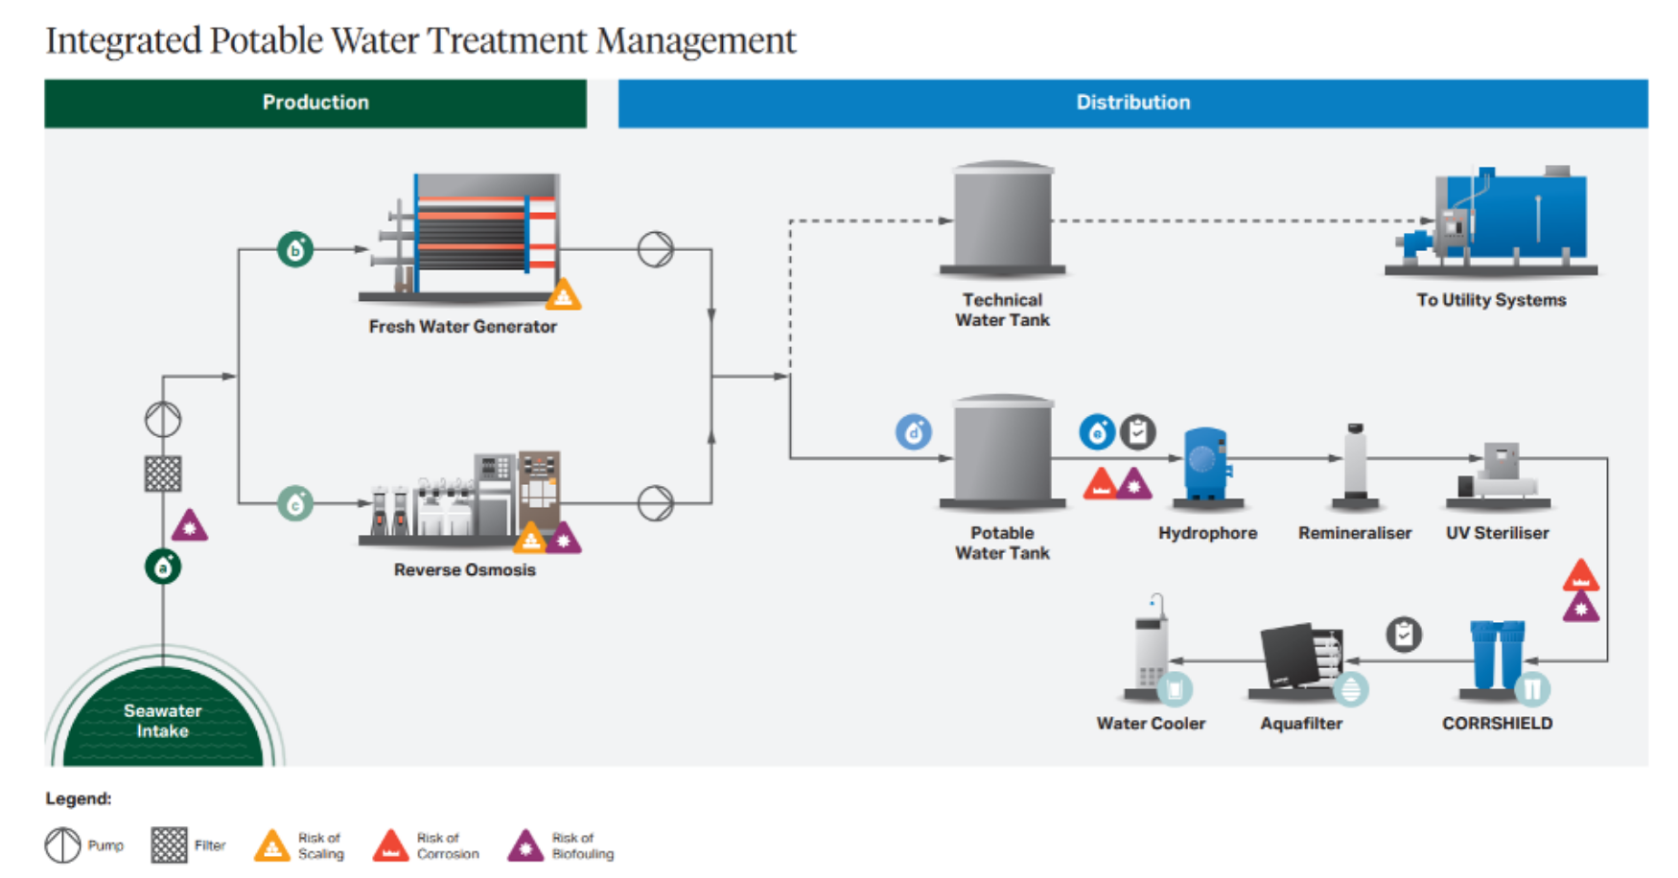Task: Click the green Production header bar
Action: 315,103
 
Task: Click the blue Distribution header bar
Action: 1132,103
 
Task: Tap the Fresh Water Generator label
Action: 462,327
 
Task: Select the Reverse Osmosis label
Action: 464,570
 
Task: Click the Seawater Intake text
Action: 162,721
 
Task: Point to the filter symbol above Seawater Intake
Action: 163,474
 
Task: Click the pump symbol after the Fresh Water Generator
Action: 656,249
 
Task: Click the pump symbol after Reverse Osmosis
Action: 656,502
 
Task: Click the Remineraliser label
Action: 1355,533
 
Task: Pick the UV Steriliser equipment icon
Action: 1498,472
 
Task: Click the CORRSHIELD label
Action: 1497,724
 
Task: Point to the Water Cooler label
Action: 1151,724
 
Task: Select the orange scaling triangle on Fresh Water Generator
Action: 563,295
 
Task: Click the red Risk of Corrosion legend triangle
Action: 390,845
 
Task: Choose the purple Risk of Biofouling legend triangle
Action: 525,845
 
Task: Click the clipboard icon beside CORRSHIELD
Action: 1404,635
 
